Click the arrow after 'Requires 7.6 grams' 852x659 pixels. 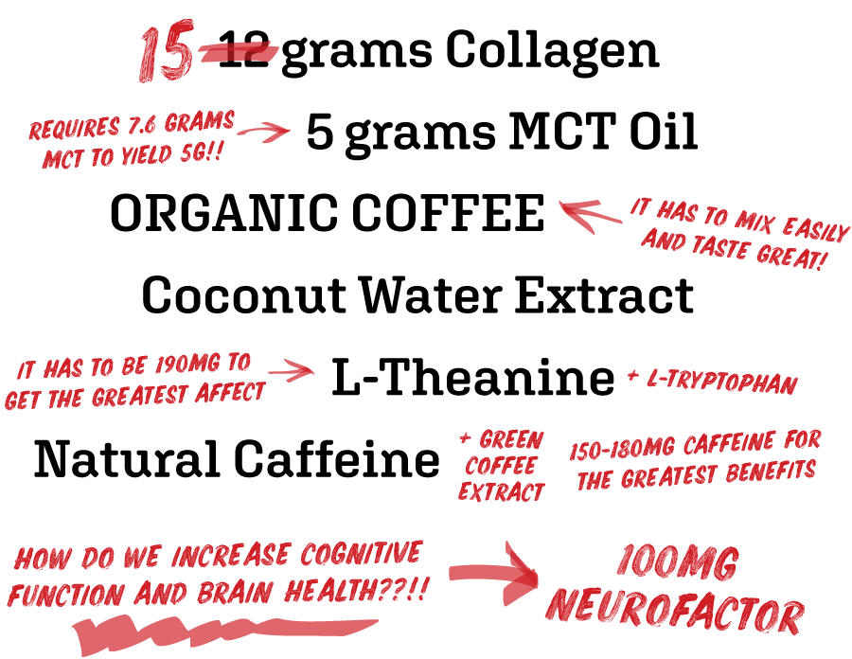coord(269,132)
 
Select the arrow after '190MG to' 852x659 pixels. coord(291,371)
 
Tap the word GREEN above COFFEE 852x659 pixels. coord(511,440)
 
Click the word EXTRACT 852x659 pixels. coord(501,492)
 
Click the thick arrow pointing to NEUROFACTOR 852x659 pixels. coord(493,572)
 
